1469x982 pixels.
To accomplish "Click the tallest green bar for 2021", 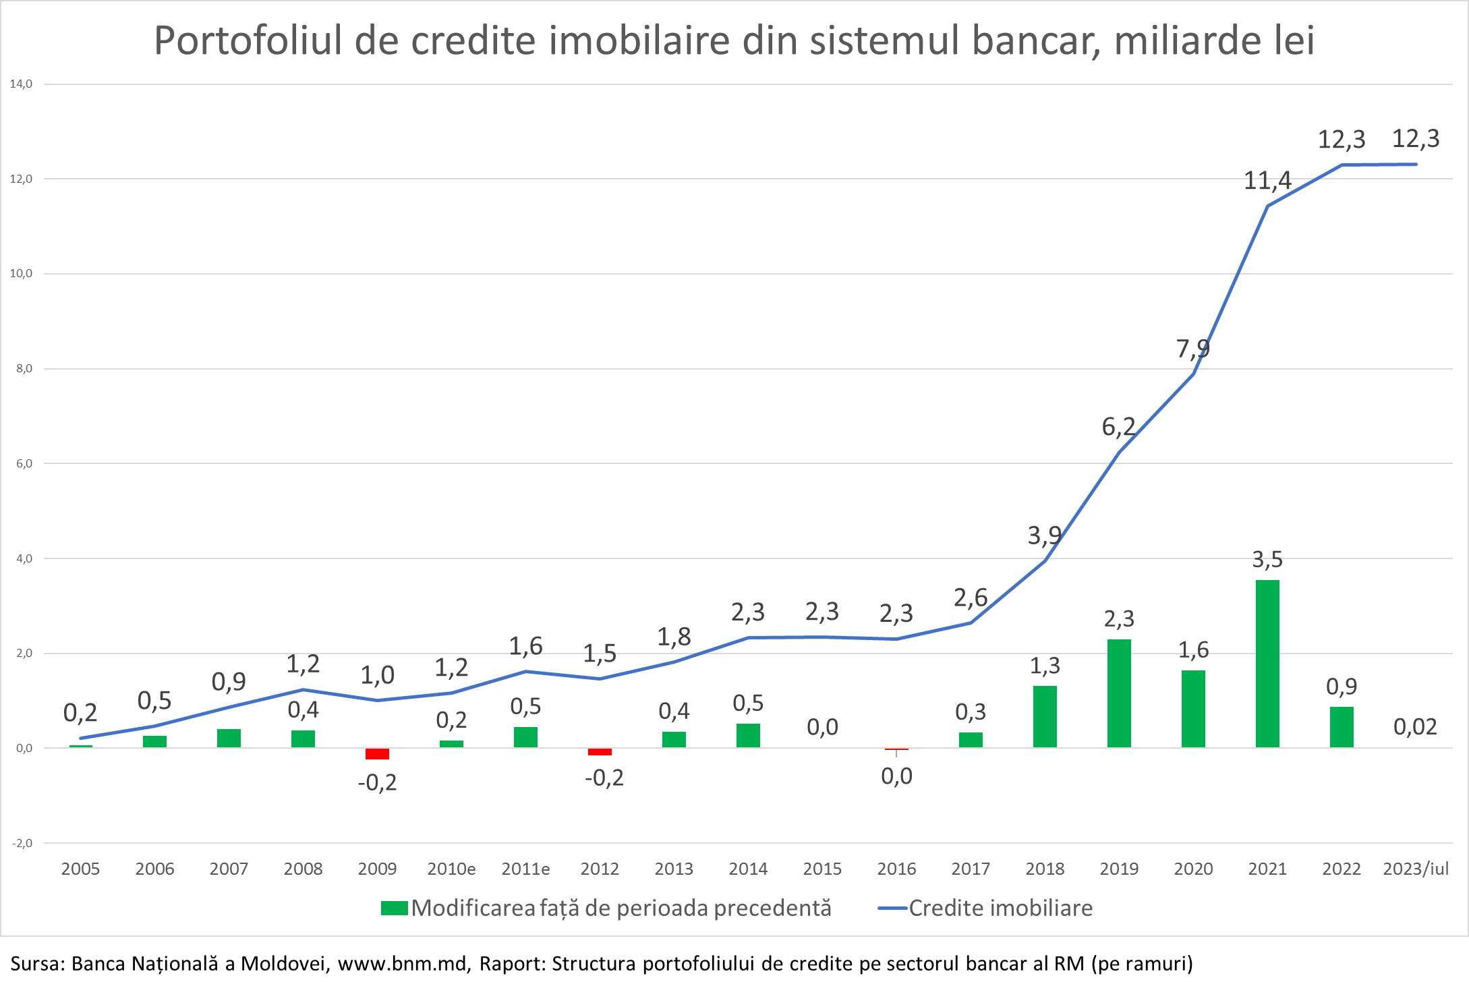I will (x=1267, y=664).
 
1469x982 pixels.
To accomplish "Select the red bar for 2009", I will (x=377, y=753).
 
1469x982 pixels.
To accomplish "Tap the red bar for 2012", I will (x=600, y=751).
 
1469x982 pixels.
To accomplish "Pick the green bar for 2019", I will (x=1119, y=693).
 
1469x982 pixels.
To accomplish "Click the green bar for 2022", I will (x=1342, y=727).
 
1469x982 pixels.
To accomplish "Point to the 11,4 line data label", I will (x=1267, y=181).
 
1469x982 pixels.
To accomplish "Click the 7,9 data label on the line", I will (x=1192, y=349).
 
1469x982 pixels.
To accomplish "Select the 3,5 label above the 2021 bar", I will (x=1267, y=559).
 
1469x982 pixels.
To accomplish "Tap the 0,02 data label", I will (x=1415, y=727).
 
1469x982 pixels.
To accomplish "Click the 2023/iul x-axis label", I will (x=1416, y=869).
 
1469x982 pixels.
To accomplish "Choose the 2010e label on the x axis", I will (x=451, y=869).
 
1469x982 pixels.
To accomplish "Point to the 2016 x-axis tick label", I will (x=896, y=869).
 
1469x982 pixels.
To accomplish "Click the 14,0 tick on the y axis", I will (x=21, y=84).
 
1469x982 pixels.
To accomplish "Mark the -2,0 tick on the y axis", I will (x=21, y=843).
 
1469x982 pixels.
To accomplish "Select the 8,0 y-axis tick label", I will (x=21, y=368).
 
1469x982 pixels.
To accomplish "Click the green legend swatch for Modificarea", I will (x=394, y=908).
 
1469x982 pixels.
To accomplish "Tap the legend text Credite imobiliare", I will (x=1000, y=908).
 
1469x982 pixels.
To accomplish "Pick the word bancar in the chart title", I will (x=1035, y=40).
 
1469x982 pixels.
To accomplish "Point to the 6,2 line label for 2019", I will (x=1118, y=427).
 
